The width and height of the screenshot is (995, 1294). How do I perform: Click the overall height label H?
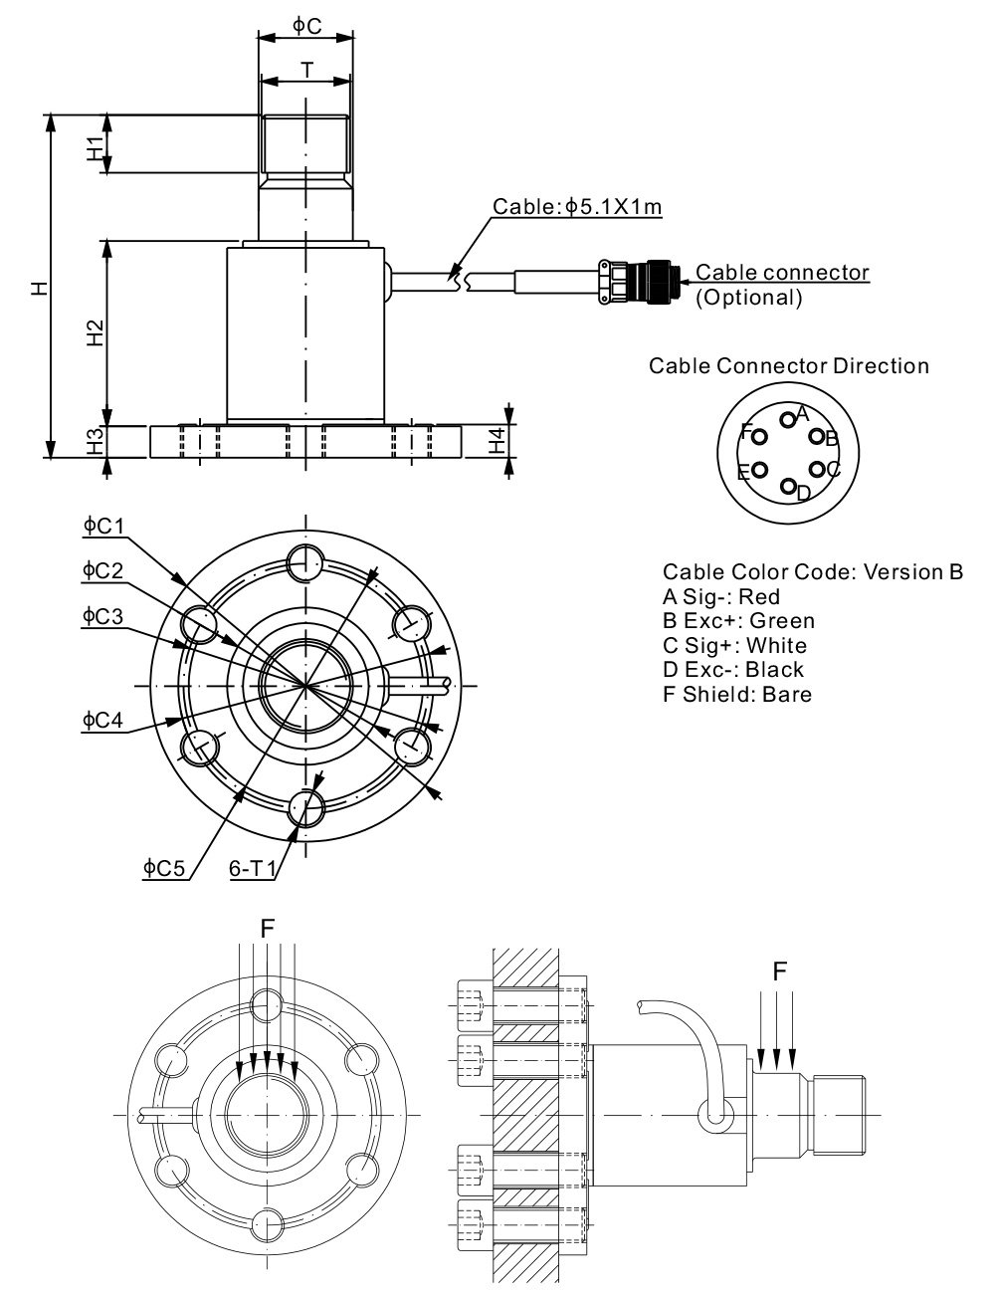click(38, 288)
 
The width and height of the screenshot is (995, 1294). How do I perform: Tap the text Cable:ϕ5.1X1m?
click(578, 207)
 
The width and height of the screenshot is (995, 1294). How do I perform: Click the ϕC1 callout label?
click(102, 525)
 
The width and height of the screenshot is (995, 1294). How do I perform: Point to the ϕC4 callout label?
click(102, 719)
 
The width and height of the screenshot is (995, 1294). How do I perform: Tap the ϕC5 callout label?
click(164, 868)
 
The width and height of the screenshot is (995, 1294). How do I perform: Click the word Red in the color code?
click(760, 597)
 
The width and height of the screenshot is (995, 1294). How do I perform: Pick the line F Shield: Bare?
click(736, 694)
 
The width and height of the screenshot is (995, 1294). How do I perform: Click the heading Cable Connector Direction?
click(789, 365)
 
